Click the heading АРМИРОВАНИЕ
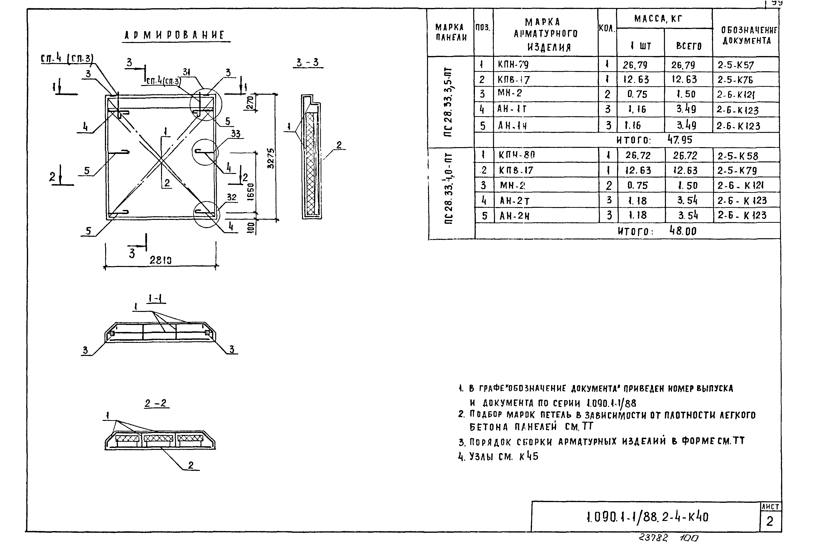175,35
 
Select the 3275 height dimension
271,158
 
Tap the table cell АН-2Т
515,201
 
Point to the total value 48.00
683,231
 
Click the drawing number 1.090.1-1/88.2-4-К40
647,517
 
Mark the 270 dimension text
250,103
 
